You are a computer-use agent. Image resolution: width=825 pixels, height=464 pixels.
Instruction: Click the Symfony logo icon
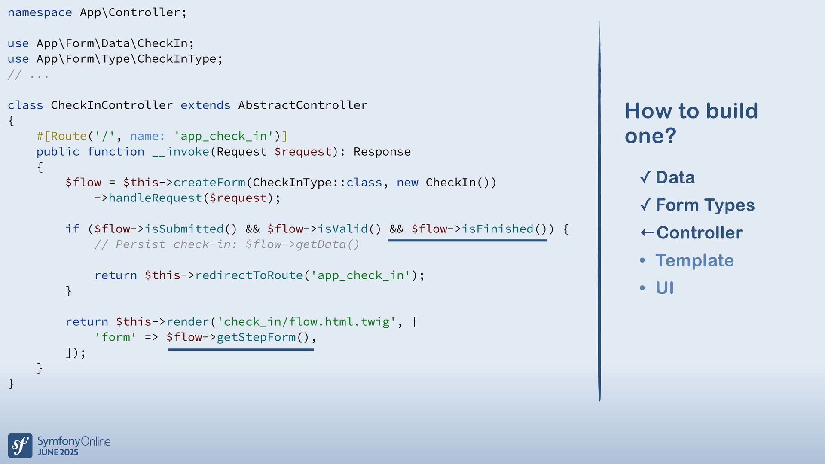[20, 446]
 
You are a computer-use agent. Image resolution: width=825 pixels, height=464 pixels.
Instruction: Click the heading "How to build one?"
[691, 123]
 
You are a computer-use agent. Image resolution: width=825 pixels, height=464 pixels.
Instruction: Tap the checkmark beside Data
[645, 177]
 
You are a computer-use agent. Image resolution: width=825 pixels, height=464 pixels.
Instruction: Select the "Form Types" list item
[705, 205]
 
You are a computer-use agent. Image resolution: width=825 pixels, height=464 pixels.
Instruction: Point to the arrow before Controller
[647, 233]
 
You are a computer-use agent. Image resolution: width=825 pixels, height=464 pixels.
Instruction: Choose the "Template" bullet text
[694, 260]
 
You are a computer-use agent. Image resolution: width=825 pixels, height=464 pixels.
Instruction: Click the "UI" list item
[664, 288]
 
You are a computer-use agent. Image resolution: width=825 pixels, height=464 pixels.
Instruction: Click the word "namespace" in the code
[40, 12]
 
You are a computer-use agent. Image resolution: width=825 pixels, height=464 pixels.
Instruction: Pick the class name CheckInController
[112, 105]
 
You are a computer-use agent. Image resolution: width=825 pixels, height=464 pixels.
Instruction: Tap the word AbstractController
[302, 105]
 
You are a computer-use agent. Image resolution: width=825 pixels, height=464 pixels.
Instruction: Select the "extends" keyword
[205, 105]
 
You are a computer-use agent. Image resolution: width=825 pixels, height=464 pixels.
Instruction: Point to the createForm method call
[209, 183]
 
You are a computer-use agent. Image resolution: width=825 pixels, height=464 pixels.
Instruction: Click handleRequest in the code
[155, 198]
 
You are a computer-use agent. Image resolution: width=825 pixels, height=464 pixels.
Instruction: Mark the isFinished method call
[497, 229]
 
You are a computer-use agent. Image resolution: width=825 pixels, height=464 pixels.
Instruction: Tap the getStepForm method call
[256, 337]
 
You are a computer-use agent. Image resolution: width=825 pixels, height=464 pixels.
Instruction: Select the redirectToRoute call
[249, 275]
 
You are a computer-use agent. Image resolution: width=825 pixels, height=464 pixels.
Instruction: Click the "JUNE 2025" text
[58, 452]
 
